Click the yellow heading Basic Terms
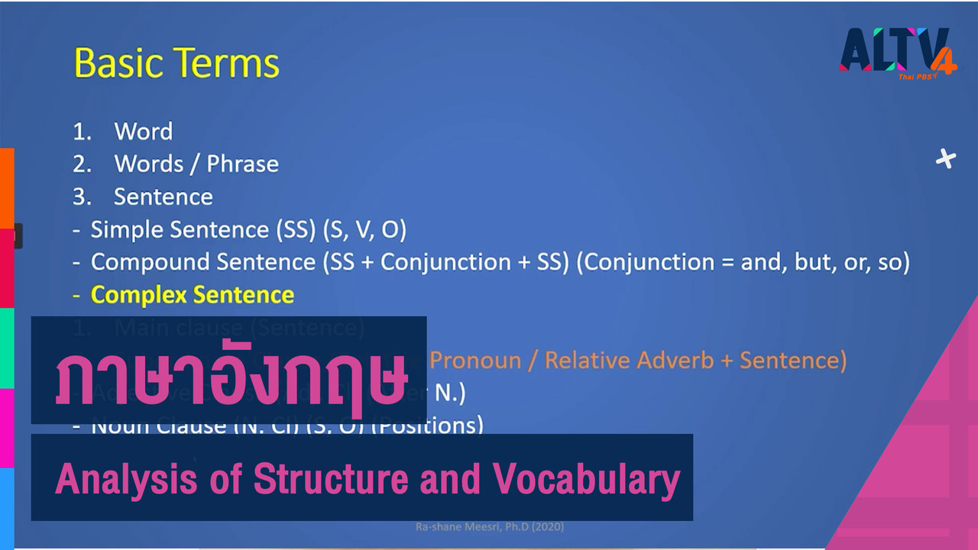click(x=176, y=64)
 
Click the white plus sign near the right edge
click(x=946, y=159)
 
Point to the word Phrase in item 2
click(x=242, y=164)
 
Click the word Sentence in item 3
click(x=164, y=197)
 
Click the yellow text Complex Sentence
click(x=192, y=295)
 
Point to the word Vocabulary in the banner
click(x=586, y=479)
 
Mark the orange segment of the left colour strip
click(x=7, y=188)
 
